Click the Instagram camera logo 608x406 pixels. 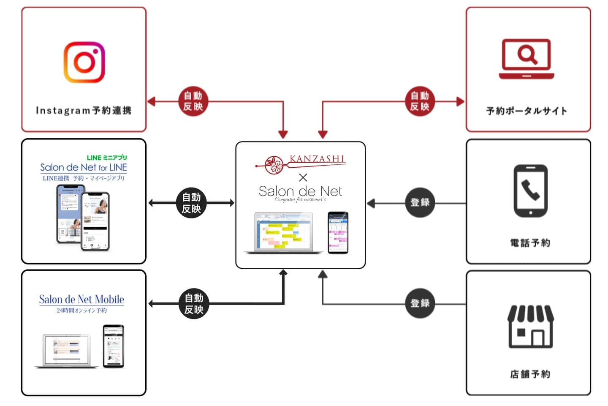pos(84,62)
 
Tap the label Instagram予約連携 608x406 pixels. pos(84,111)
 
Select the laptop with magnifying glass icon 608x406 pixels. pos(526,59)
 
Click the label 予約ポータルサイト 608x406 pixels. pos(527,111)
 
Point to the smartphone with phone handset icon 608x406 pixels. pos(530,191)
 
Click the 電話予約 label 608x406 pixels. pos(530,243)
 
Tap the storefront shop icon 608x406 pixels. pos(530,326)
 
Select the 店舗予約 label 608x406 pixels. pos(530,374)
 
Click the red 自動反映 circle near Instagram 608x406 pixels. pos(193,101)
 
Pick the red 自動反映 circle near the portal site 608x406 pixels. pos(420,101)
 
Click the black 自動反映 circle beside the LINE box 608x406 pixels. pos(191,203)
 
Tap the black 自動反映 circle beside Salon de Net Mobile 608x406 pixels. pos(194,304)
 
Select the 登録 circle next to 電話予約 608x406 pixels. pos(420,203)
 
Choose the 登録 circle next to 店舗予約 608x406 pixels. pos(420,303)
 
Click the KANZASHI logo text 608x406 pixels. pos(317,159)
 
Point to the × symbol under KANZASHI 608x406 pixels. pos(303,177)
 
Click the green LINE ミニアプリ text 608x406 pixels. pos(107,158)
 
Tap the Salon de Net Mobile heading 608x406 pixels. pos(81,300)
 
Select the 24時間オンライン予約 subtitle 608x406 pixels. pos(81,311)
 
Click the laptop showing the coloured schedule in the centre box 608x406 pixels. pos(283,233)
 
